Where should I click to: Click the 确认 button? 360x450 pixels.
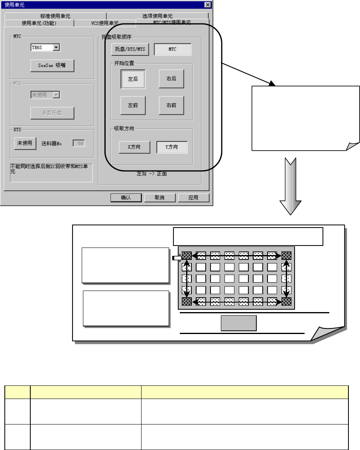[x=126, y=198]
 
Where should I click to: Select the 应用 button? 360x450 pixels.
[x=193, y=198]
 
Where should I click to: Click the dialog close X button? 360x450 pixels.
[x=207, y=4]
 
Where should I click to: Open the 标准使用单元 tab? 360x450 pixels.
[x=55, y=16]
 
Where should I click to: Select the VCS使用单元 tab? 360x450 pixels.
[x=104, y=23]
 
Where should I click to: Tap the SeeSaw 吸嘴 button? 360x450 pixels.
[x=52, y=66]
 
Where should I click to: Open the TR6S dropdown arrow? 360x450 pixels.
[x=56, y=47]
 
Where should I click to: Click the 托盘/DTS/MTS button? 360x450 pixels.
[x=130, y=49]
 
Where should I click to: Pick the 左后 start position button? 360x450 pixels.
[x=133, y=79]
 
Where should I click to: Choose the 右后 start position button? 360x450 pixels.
[x=171, y=79]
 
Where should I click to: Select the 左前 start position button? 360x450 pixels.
[x=133, y=106]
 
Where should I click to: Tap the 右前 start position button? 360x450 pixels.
[x=171, y=106]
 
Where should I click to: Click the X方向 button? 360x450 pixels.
[x=134, y=147]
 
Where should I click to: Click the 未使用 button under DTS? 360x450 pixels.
[x=25, y=143]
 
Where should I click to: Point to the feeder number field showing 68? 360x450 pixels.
[x=79, y=143]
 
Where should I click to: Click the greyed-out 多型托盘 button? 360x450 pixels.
[x=52, y=113]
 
